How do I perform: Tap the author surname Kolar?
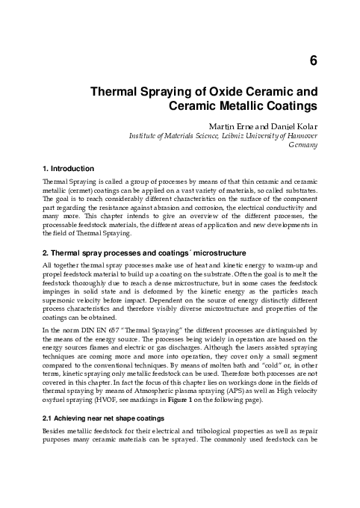pyautogui.click(x=303, y=126)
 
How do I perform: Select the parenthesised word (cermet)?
pyautogui.click(x=79, y=191)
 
